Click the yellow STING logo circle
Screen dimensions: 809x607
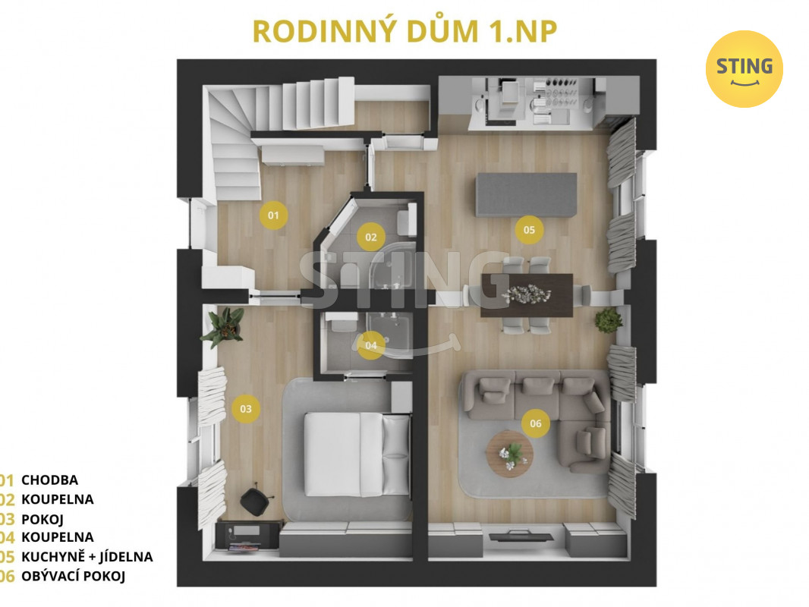coord(744,68)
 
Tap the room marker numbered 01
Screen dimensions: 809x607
coord(273,215)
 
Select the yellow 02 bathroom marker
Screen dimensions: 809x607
coord(371,237)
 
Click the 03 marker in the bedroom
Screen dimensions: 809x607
coord(246,408)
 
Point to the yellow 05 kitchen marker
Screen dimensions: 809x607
coord(529,230)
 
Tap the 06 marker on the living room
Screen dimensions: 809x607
coord(536,423)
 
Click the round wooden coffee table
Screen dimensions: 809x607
coord(509,454)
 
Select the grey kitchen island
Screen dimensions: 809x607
coord(527,195)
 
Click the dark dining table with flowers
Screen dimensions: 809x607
coord(527,295)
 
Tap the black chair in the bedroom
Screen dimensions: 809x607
coord(255,500)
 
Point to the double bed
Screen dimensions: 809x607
coord(357,454)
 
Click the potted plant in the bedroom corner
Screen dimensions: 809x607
coord(223,327)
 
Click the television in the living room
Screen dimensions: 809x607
coord(521,536)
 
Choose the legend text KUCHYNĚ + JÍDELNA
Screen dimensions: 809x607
coord(87,557)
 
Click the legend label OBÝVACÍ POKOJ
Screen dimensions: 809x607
coord(74,576)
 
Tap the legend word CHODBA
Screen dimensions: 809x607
coord(49,480)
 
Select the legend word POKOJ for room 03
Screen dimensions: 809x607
coord(42,519)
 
